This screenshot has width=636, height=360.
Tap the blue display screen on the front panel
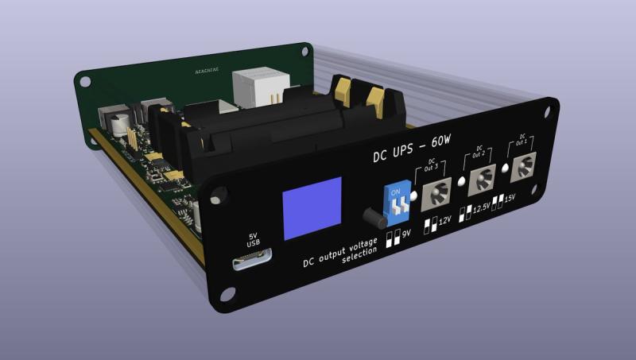click(312, 208)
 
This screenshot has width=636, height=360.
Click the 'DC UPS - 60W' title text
click(412, 149)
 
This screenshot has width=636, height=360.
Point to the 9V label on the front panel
click(405, 235)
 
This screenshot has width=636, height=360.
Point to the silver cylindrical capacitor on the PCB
click(120, 126)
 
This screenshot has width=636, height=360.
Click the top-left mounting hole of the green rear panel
click(85, 80)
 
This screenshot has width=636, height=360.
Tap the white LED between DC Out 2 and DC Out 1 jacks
click(505, 169)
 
